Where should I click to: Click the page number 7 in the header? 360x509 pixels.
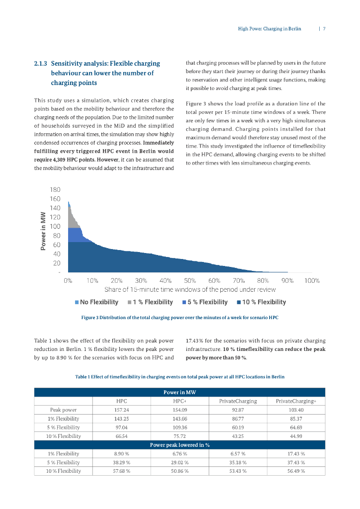tap(324, 29)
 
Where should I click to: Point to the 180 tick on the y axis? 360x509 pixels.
tap(55, 190)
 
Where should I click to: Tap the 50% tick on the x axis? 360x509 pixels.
tap(190, 280)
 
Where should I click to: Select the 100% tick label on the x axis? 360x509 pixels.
tap(312, 280)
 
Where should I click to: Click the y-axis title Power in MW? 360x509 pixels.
tap(43, 231)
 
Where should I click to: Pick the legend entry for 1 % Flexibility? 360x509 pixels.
tap(150, 302)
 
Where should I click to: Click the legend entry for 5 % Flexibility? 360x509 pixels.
tap(205, 302)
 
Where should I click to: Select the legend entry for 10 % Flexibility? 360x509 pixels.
tap(262, 302)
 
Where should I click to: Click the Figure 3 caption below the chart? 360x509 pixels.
tap(180, 317)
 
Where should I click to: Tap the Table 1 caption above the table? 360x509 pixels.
tap(180, 377)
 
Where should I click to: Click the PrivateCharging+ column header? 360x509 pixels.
tap(296, 401)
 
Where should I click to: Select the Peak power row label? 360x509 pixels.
tap(63, 410)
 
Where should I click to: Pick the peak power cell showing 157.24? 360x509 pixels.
tap(122, 410)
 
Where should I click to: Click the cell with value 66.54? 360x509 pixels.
tap(122, 436)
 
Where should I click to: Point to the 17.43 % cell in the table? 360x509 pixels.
tap(296, 453)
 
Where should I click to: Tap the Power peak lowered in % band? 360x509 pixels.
tap(180, 444)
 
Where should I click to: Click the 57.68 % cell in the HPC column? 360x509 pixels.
tap(122, 471)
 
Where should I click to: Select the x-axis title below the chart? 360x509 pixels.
tap(190, 290)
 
